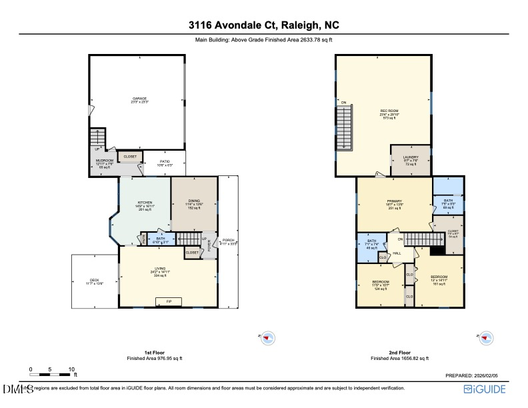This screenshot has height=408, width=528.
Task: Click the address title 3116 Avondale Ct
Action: (x=263, y=26)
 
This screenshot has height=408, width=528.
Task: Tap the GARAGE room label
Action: (x=139, y=99)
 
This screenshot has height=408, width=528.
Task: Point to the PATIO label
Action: (x=164, y=162)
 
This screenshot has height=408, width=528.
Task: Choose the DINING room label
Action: (x=194, y=203)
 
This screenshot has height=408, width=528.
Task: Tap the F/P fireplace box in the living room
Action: (x=169, y=301)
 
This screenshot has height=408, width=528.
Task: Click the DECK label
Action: (x=94, y=281)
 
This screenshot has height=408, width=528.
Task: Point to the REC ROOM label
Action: (x=388, y=111)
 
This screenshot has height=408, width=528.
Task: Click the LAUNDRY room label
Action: (x=410, y=158)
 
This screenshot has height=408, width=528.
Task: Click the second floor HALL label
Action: (x=396, y=253)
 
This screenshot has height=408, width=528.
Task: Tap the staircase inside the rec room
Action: (x=345, y=127)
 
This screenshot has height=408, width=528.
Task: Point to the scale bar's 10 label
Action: (x=71, y=369)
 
